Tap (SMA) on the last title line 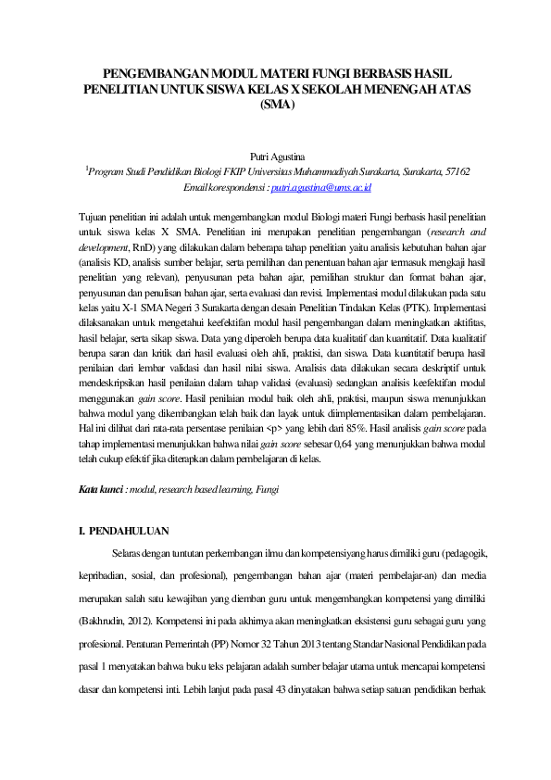point(276,105)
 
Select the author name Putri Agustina point(276,157)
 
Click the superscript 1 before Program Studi point(86,169)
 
